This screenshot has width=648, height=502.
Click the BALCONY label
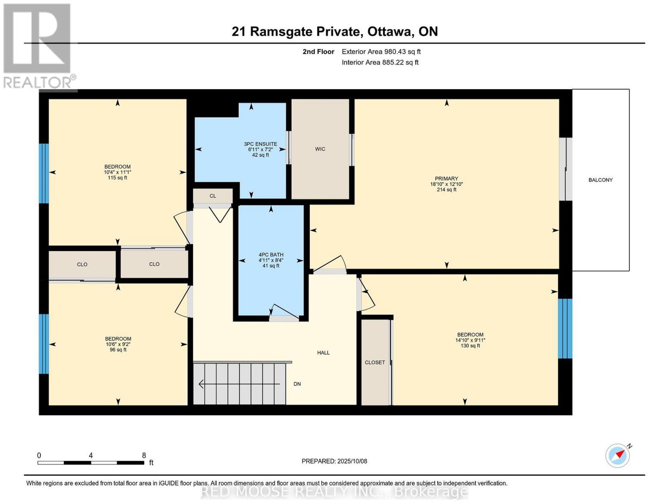600,180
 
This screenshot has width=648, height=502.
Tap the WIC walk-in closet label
320,149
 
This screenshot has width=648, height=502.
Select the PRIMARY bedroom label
446,178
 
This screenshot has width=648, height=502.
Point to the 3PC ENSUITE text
260,144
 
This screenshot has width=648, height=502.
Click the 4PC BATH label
271,254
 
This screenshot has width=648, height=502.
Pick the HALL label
323,352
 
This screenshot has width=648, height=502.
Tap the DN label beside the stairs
297,384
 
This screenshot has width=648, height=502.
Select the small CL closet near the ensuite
213,196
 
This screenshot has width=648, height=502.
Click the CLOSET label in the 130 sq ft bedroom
375,362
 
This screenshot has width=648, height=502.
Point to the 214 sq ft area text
446,189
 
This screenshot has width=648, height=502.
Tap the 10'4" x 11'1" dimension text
117,172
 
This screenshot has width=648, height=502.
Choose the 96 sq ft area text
118,350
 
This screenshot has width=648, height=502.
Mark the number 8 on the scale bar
144,455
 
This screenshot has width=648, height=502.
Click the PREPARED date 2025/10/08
352,461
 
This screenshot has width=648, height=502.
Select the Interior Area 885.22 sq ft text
380,62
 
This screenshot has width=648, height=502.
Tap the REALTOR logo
39,46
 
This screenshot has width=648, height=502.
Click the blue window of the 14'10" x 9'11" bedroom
565,329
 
